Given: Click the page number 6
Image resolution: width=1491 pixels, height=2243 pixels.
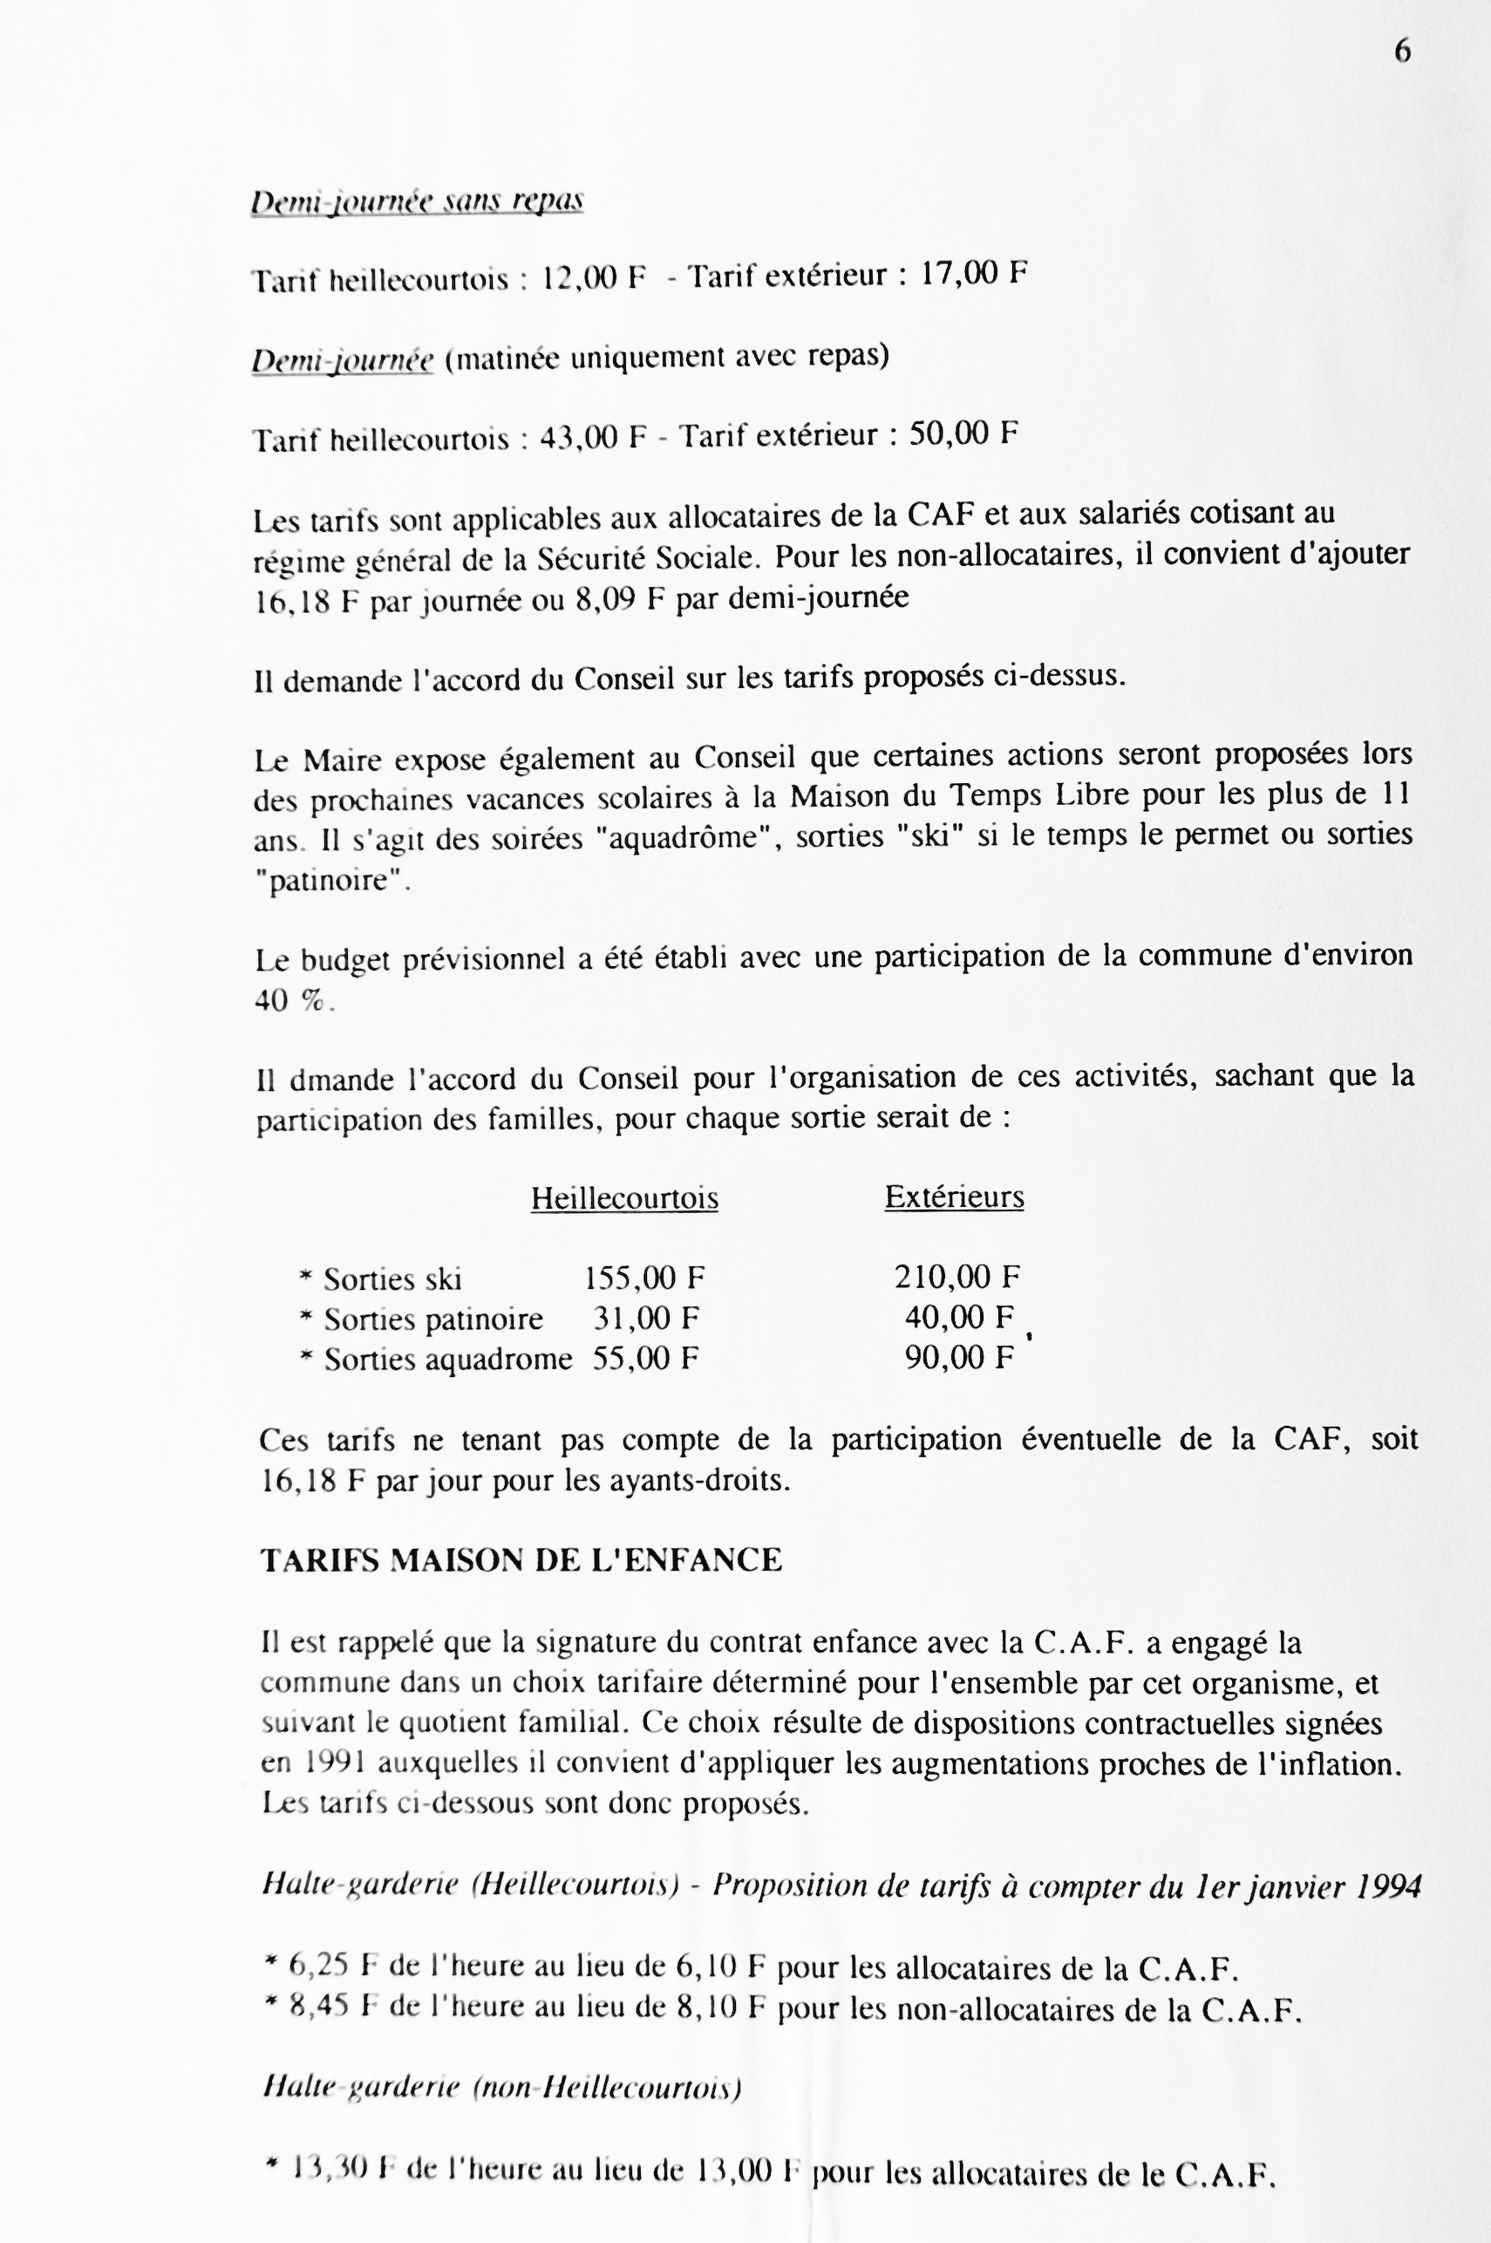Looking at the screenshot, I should (1401, 51).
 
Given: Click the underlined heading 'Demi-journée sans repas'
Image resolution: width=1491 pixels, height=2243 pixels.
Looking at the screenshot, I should (417, 201).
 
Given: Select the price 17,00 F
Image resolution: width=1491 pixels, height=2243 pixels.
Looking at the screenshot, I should (974, 275).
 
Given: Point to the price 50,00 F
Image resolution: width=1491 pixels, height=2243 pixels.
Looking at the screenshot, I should (963, 434).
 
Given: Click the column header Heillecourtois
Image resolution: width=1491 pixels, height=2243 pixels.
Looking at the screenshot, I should (623, 1198).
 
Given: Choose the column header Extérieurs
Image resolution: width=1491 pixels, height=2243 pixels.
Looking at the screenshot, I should (954, 1196).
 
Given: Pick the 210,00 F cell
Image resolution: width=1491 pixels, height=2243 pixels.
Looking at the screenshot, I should (956, 1277).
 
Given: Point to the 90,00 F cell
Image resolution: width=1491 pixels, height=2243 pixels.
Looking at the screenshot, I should (958, 1358).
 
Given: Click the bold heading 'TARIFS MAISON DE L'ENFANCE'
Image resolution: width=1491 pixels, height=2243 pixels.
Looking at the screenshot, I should (521, 1561).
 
